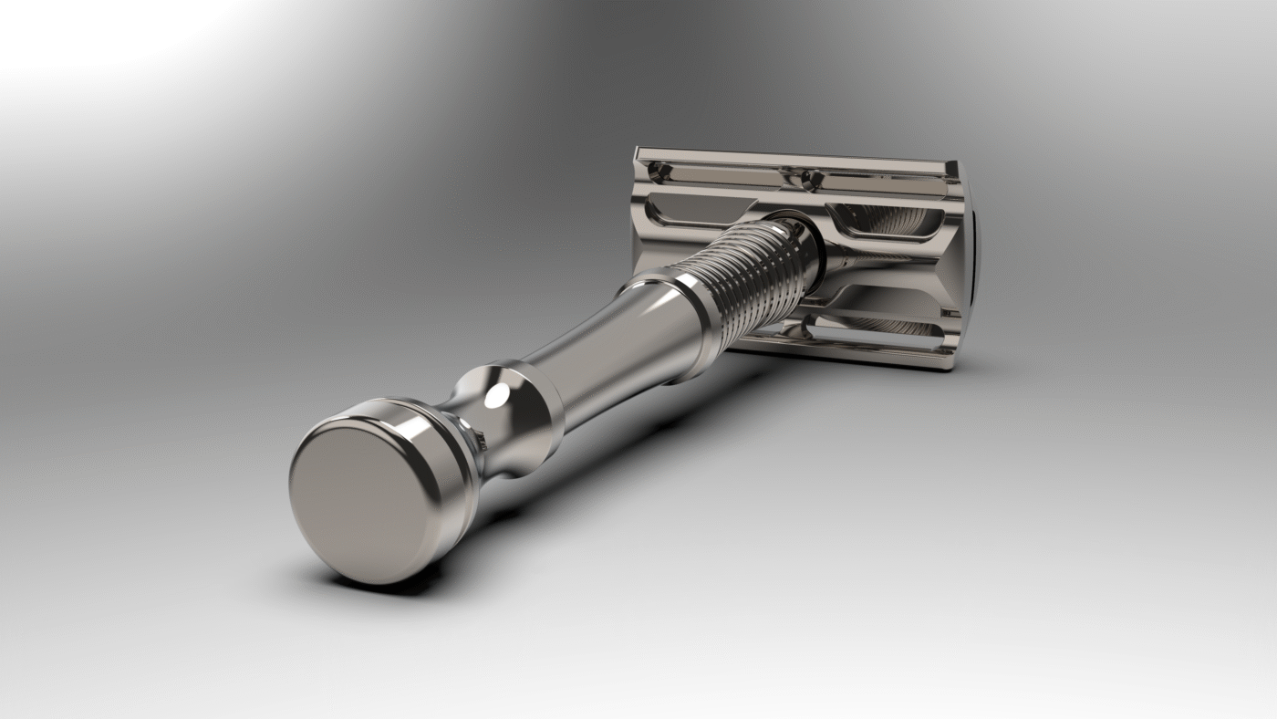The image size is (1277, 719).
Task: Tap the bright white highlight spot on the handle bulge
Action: pyautogui.click(x=497, y=395)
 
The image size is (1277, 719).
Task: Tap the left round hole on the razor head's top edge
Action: pyautogui.click(x=659, y=170)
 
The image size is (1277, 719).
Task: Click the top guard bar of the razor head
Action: pyautogui.click(x=794, y=161)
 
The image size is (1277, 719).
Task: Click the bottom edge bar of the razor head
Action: pyautogui.click(x=848, y=356)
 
